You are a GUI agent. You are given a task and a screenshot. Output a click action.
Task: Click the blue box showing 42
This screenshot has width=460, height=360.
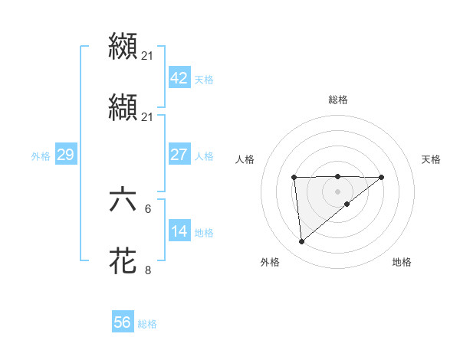(179, 78)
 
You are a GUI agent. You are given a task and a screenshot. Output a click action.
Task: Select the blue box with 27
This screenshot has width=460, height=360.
(179, 155)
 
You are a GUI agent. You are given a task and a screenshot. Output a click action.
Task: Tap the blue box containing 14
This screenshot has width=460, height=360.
(179, 231)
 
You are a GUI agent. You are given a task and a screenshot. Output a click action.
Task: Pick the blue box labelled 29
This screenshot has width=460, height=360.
(65, 155)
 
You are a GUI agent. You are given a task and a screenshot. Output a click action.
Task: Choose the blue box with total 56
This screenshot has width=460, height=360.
(123, 322)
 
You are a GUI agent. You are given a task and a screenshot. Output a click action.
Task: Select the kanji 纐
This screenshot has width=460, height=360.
(123, 45)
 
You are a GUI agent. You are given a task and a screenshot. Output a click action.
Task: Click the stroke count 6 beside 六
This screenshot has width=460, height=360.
(147, 208)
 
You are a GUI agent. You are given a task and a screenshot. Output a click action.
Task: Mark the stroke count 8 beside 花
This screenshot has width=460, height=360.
(147, 270)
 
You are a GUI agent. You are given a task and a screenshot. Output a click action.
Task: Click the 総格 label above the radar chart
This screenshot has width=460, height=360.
(337, 100)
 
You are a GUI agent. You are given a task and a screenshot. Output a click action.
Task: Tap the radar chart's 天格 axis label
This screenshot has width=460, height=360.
(431, 159)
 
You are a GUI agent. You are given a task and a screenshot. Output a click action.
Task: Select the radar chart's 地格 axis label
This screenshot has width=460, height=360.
(402, 262)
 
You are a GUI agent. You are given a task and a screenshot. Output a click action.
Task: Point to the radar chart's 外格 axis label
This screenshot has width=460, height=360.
(270, 262)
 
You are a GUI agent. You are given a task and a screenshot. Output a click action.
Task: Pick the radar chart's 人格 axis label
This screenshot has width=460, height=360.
(245, 159)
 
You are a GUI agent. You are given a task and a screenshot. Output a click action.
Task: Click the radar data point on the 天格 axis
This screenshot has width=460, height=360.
(382, 177)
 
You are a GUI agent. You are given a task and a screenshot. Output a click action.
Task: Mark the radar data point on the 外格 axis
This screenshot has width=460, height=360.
(302, 242)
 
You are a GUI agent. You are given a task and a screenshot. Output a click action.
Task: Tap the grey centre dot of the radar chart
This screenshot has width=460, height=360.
(337, 191)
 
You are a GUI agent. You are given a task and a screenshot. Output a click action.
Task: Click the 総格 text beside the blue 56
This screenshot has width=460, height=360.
(147, 323)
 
